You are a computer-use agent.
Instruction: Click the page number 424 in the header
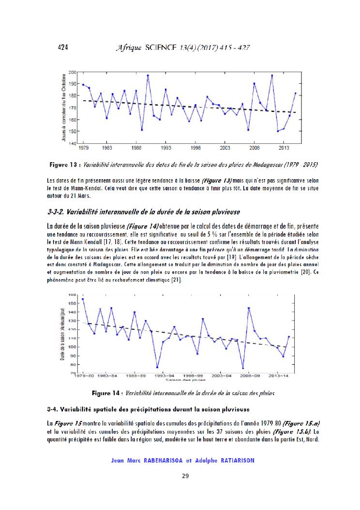coord(62,47)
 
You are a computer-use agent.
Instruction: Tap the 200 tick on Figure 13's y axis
coord(72,72)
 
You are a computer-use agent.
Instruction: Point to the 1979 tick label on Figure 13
coord(83,147)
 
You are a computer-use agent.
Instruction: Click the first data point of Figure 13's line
coord(83,85)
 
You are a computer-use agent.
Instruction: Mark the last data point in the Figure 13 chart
coord(295,93)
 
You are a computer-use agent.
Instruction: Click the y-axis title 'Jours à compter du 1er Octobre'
coord(64,108)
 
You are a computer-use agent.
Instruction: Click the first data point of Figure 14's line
coord(83,299)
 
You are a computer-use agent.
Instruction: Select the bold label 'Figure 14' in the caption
coord(106,393)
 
